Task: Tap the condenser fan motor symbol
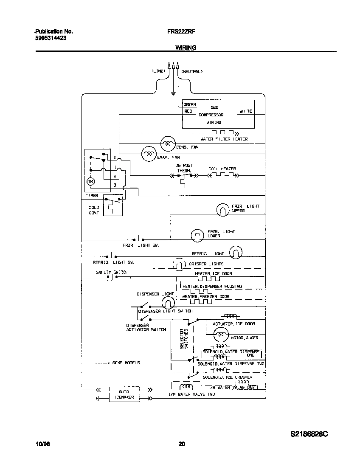[168, 143]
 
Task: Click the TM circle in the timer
[90, 182]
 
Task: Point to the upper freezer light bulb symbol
[222, 209]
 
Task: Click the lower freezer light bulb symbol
[197, 235]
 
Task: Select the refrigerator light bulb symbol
[236, 253]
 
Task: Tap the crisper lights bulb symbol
[178, 264]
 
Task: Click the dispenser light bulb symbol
[168, 303]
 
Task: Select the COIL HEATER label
[222, 169]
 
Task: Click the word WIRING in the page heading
[186, 48]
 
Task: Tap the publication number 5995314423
[50, 37]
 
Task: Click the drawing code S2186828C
[309, 434]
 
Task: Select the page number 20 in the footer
[181, 444]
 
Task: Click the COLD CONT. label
[94, 210]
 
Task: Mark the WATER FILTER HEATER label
[224, 139]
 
